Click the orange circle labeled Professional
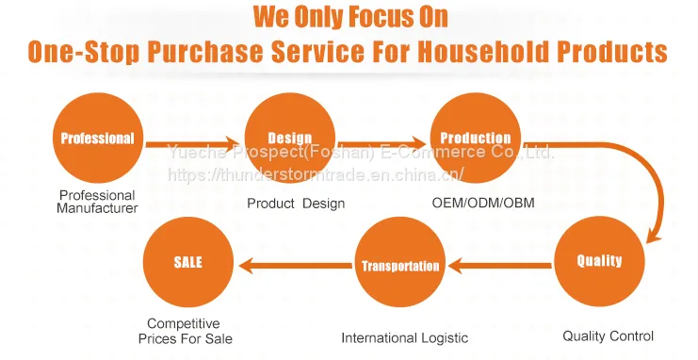point(97,138)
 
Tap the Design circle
point(290,138)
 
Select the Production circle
point(475,138)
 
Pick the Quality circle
point(599,261)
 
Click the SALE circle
point(188,262)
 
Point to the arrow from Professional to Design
point(193,144)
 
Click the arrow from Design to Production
point(381,144)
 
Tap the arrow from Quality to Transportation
point(499,266)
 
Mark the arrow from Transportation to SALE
point(296,266)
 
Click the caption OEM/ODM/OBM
point(483,203)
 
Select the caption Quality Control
point(609,335)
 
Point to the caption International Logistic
point(405,337)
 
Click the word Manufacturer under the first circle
point(97,208)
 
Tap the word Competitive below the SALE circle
point(184,323)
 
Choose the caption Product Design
point(296,204)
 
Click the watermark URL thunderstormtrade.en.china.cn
point(317,174)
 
